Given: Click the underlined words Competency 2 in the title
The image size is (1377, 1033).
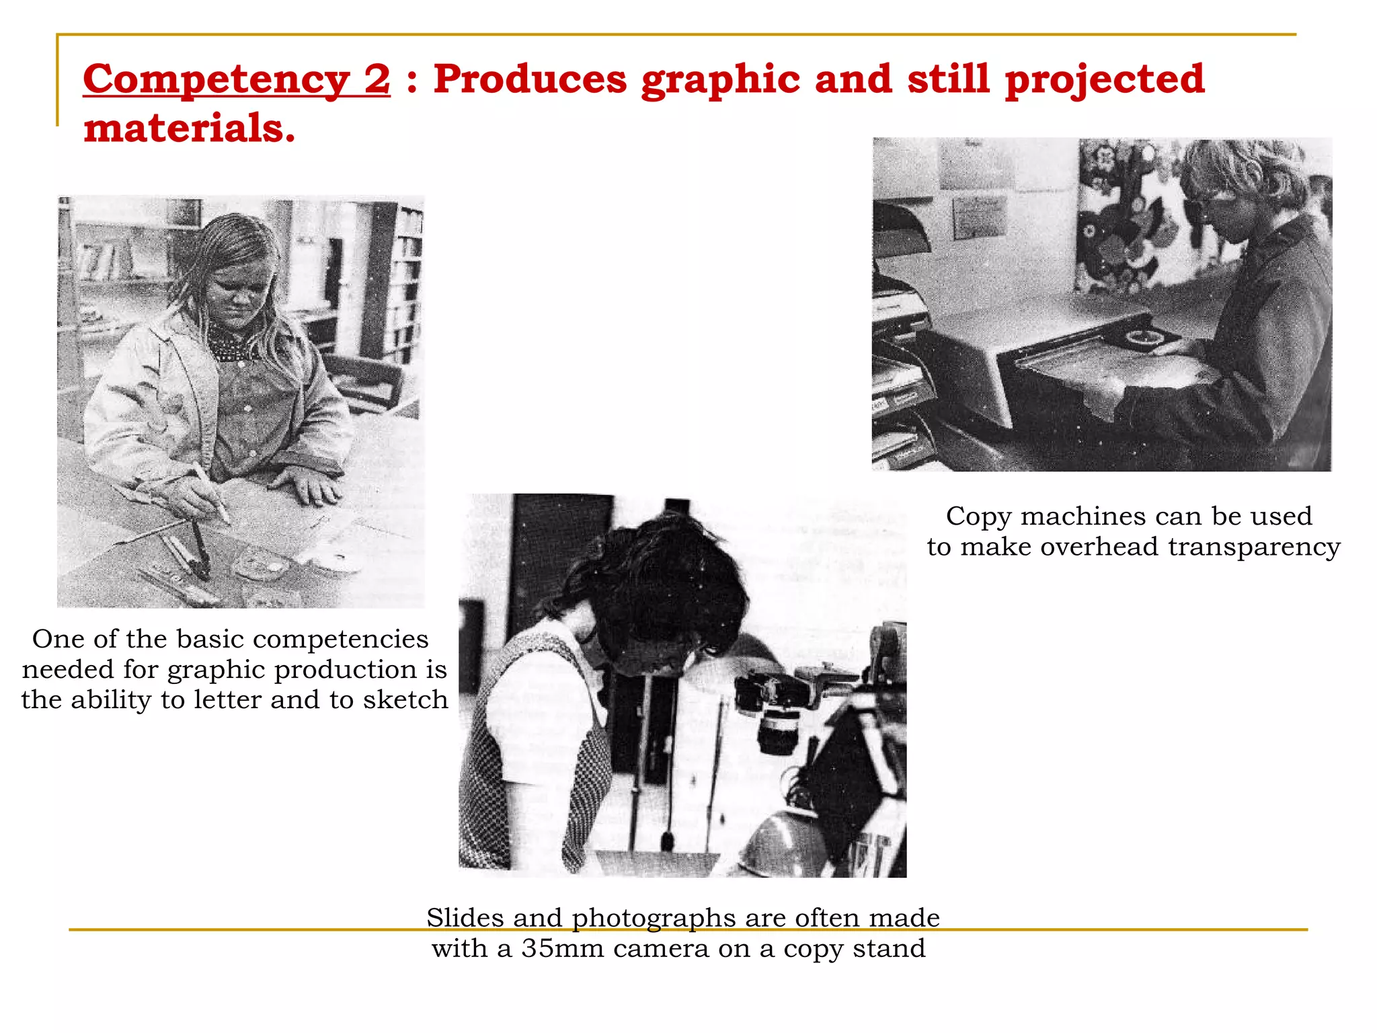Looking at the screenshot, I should pos(236,79).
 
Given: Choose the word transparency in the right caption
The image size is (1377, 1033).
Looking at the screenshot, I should pos(1254,547).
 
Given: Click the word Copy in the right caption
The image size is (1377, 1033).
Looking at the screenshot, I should pos(978,516).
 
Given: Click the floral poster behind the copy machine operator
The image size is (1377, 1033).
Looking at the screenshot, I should pos(1130,215).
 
